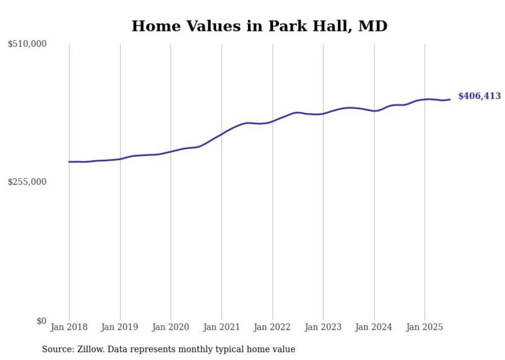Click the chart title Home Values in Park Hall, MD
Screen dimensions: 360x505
point(259,26)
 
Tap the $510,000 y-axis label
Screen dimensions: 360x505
point(27,44)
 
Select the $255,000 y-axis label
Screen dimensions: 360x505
point(27,182)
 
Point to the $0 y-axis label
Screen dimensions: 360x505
point(41,321)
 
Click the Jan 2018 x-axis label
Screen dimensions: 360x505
point(69,327)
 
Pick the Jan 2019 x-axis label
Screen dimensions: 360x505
point(120,327)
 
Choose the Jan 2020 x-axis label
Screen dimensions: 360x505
point(171,327)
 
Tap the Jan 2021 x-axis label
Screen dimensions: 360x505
point(222,327)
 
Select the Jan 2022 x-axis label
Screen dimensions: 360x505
point(272,327)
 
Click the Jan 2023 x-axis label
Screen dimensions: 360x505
point(323,327)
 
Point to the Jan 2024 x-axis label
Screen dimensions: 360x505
point(374,327)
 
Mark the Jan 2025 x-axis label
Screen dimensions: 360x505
point(425,327)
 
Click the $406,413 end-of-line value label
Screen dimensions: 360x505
point(479,96)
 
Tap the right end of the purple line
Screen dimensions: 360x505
point(450,99)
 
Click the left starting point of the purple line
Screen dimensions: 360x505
point(70,162)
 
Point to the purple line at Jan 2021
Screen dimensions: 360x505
point(222,134)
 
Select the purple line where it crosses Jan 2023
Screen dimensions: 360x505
point(323,113)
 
